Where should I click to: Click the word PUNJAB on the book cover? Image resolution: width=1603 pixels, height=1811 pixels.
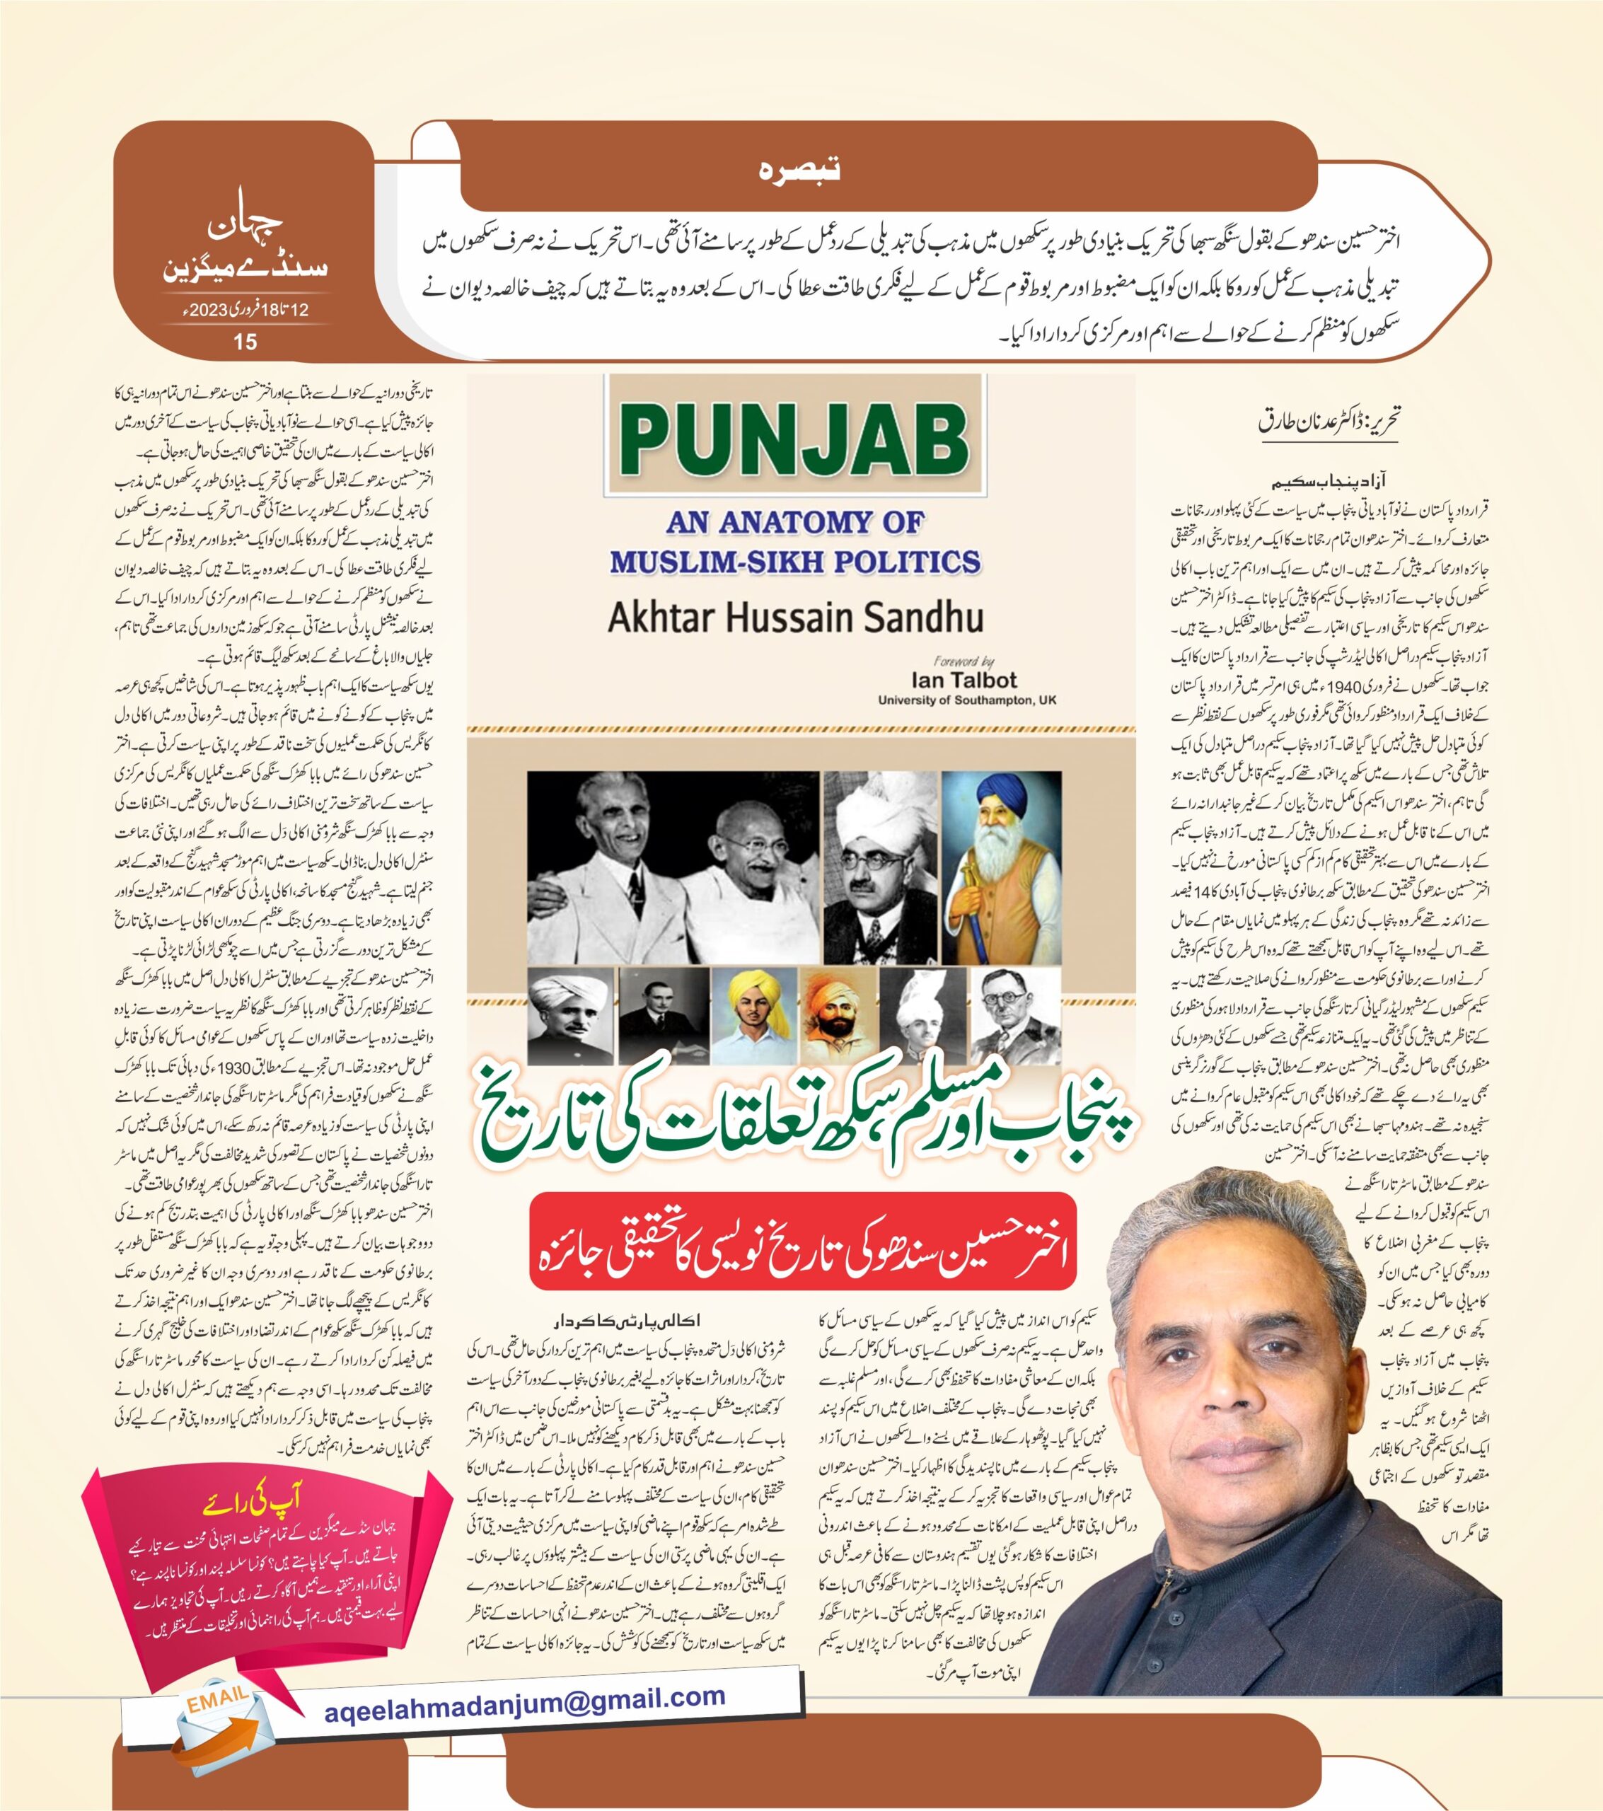796,439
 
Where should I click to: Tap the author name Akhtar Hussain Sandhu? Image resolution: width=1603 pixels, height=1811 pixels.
795,618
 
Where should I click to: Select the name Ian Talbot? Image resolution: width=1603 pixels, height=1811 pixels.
964,681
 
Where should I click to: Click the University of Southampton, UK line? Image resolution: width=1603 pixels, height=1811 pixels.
967,700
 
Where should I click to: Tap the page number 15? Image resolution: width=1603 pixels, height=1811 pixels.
245,341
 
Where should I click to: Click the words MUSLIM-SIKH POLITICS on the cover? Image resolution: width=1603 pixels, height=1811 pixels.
795,562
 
